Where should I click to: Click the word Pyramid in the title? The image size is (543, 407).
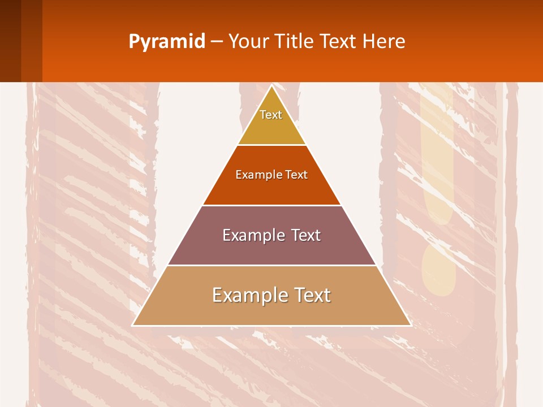pos(167,42)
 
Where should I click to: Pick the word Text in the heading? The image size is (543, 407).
pos(338,41)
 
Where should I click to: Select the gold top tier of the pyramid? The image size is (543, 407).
pos(271,127)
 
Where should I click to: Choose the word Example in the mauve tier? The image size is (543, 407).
pos(252,235)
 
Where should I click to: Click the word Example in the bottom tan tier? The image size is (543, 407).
pos(247,295)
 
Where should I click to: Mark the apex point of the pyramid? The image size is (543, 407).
pos(271,86)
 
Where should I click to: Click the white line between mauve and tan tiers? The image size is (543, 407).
pos(271,265)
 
